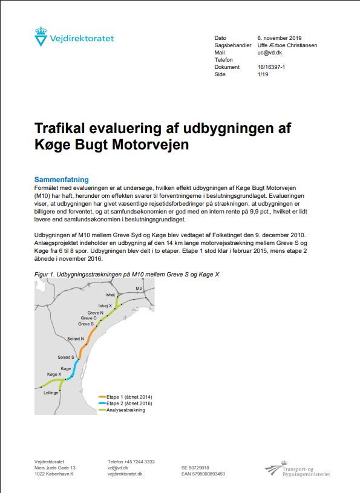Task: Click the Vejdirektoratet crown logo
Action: click(41, 38)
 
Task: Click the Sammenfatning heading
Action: click(62, 180)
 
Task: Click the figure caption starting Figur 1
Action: click(126, 275)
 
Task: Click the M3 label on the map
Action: click(139, 289)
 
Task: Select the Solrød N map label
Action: click(76, 338)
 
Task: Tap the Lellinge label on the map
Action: click(51, 393)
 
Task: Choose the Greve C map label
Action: click(88, 318)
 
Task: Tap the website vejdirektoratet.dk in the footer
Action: click(125, 474)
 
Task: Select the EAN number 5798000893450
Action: click(203, 474)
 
